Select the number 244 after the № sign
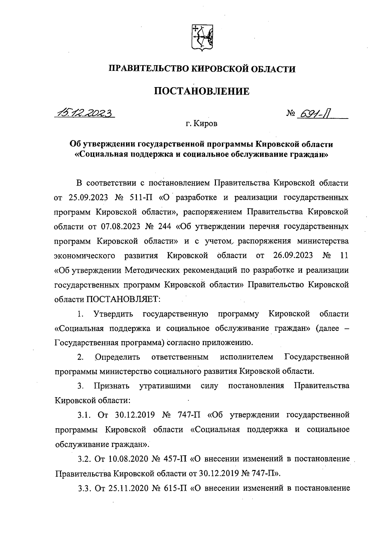click(164, 227)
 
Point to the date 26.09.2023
click(292, 255)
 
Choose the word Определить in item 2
click(118, 357)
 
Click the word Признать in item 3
click(111, 386)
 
